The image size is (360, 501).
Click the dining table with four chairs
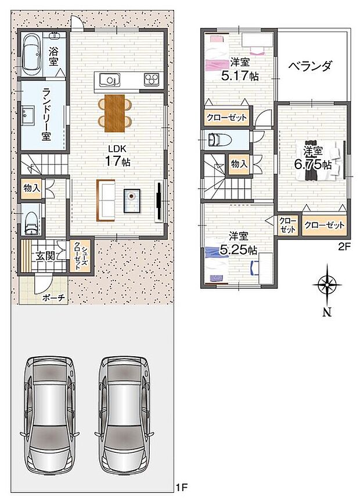point(115,111)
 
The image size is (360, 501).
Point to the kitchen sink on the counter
point(108,80)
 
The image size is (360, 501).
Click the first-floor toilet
point(31,220)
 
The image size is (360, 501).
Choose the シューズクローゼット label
point(80,256)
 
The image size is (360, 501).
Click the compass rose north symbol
point(327,286)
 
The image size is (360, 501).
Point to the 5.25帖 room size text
point(238,250)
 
